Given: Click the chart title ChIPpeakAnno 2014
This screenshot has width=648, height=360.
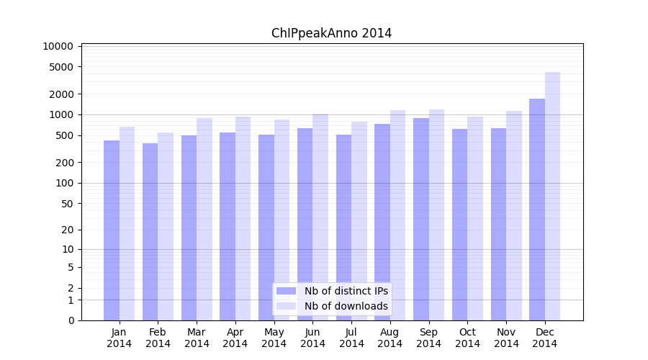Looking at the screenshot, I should click(x=331, y=33).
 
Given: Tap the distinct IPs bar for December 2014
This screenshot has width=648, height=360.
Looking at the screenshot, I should click(x=537, y=209).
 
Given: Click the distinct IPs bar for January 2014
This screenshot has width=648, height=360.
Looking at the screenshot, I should click(x=112, y=230).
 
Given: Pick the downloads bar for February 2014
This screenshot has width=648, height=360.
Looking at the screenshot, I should click(x=166, y=226).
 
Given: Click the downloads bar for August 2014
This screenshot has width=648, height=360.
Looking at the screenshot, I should click(x=397, y=215).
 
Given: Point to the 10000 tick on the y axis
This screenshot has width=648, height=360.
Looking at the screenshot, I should click(x=58, y=46).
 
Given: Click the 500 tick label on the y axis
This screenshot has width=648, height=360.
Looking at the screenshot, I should click(x=64, y=135).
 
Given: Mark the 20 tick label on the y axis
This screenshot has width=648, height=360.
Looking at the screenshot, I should click(x=67, y=230).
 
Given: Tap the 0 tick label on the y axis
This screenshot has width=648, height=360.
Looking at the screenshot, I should click(x=71, y=320).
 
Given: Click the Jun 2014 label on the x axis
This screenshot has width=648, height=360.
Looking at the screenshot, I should click(x=312, y=338).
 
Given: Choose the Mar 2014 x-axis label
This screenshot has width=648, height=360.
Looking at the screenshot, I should click(x=197, y=338).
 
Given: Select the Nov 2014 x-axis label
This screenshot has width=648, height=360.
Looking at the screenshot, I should click(x=506, y=338).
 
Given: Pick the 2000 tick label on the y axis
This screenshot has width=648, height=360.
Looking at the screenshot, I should click(x=61, y=94).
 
